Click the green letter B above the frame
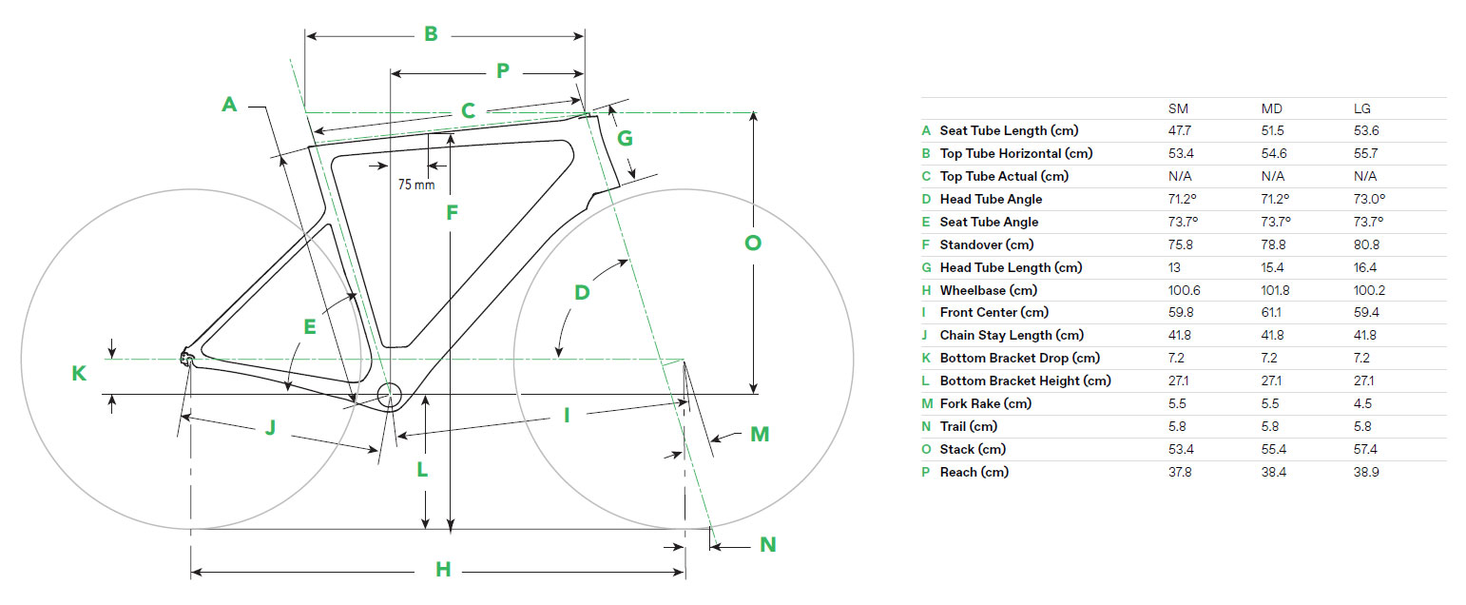tap(431, 34)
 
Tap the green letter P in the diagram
tap(503, 70)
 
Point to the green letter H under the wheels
tap(443, 570)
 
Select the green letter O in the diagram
tap(752, 243)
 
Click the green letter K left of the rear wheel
tap(79, 374)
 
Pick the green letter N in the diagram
tap(768, 545)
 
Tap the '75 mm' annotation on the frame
tap(416, 185)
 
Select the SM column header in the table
tap(1178, 109)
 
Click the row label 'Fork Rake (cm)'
tap(984, 403)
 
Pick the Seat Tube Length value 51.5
tap(1272, 131)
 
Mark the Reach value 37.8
tap(1180, 472)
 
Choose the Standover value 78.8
tap(1272, 244)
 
